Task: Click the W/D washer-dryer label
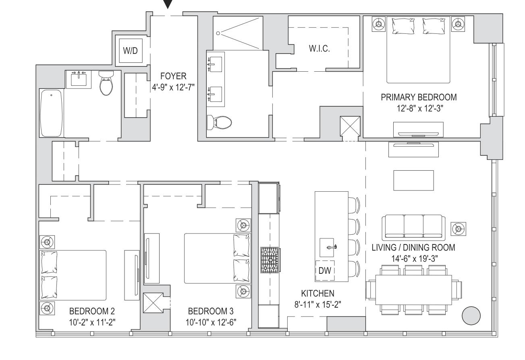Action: (130, 50)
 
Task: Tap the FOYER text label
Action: (173, 76)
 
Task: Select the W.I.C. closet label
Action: (319, 48)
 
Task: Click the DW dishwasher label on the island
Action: (325, 271)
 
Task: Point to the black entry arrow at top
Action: (168, 4)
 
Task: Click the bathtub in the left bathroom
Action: (51, 113)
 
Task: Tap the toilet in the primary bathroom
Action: (219, 123)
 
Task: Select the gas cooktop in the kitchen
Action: (270, 260)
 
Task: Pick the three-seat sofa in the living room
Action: (413, 228)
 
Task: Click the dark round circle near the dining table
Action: (471, 316)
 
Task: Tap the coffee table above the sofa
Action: (413, 180)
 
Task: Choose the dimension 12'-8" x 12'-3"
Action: (420, 108)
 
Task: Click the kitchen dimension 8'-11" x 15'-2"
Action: (317, 304)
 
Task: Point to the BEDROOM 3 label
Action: (211, 311)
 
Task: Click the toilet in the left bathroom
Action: (106, 83)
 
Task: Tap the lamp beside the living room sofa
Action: (459, 229)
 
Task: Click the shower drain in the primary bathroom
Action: (218, 33)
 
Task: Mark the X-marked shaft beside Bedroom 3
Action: (153, 303)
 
